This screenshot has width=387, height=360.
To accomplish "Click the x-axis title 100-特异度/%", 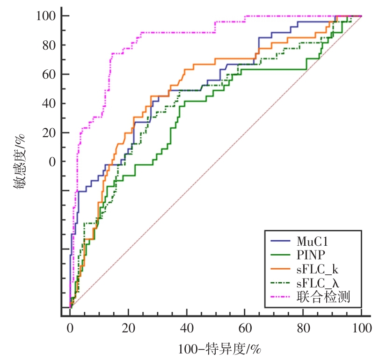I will [219, 349].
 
